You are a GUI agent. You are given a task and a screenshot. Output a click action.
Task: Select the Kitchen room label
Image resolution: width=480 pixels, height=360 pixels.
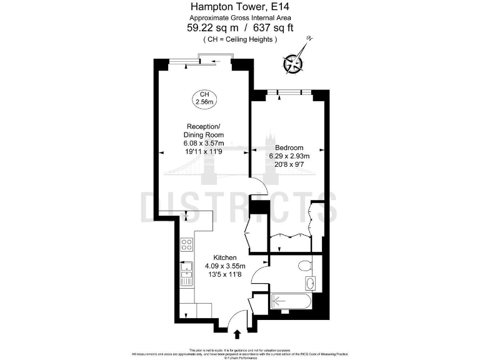tap(224, 257)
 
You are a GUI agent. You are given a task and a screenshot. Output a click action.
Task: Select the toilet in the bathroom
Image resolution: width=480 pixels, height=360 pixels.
tap(305, 266)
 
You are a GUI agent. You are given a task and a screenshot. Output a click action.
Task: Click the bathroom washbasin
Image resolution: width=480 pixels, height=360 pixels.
tap(312, 284)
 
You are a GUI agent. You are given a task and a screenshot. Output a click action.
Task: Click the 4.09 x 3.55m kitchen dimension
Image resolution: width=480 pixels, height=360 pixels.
tap(224, 266)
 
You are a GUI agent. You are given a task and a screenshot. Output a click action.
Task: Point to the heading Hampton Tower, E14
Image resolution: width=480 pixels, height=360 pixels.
tap(241, 7)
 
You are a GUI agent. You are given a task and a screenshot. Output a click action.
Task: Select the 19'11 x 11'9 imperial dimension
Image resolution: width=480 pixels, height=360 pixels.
tap(203, 151)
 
